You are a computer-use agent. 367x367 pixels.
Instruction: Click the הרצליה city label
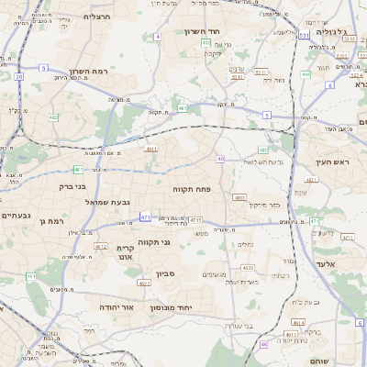point(96,17)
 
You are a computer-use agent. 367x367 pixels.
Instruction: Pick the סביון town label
point(164,273)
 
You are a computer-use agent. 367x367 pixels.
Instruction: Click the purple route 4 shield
point(158,36)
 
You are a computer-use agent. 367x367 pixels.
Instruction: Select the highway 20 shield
point(18,77)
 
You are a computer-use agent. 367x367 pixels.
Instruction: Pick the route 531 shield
point(303,35)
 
